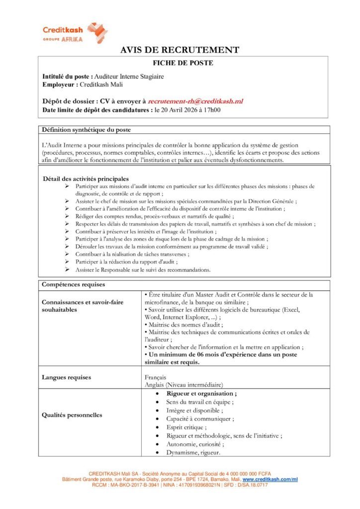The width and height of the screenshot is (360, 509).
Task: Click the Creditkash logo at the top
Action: pos(75,33)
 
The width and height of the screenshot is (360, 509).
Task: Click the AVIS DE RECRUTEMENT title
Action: pos(180,50)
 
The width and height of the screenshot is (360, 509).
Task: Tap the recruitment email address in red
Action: pos(195,101)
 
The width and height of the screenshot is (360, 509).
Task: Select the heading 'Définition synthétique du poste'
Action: pos(87,130)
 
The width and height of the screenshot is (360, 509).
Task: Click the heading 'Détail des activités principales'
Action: pos(86,178)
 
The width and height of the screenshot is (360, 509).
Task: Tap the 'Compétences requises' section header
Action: pos(73,285)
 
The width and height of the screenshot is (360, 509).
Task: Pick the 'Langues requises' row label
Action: pos(67,377)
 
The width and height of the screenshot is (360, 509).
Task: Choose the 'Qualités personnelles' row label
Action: pos(72,415)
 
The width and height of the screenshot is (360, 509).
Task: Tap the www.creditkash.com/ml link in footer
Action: pos(270,479)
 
